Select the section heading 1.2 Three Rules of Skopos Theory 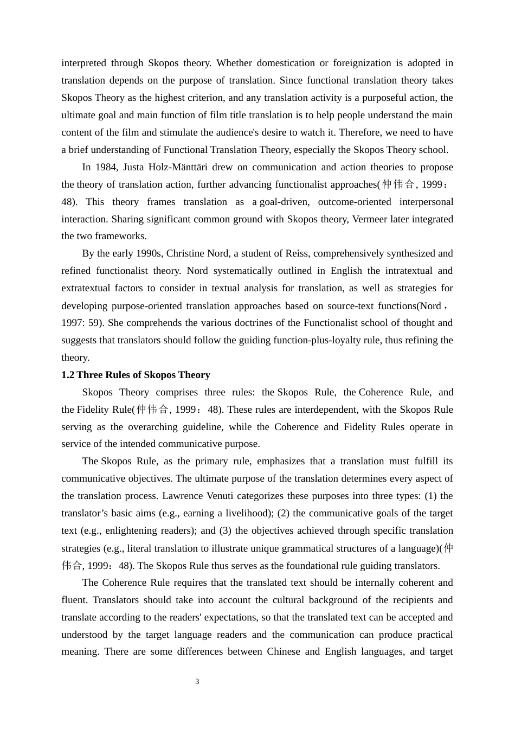(x=136, y=375)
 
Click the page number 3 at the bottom (x=197, y=682)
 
